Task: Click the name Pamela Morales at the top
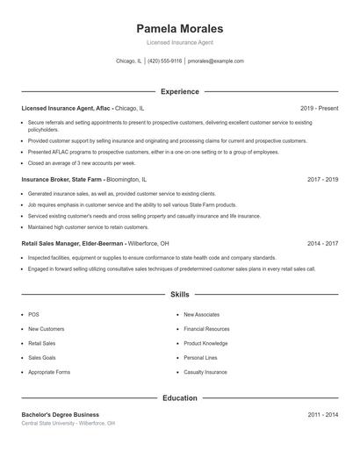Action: (179, 28)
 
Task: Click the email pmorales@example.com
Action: (216, 61)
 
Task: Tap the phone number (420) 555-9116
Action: (165, 61)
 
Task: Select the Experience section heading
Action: (179, 91)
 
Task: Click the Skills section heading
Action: (179, 295)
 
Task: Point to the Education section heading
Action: (179, 397)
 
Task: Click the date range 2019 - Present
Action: (319, 108)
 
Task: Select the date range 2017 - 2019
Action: (322, 179)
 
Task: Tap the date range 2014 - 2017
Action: (322, 243)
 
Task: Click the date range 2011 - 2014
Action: (322, 414)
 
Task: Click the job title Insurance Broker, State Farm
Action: (61, 179)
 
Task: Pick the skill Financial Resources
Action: (206, 329)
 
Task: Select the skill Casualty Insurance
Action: (205, 372)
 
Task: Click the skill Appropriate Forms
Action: (49, 372)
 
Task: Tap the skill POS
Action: (33, 314)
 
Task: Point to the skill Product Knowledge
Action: (205, 343)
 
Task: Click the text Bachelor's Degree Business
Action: (61, 414)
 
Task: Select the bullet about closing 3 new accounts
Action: (82, 162)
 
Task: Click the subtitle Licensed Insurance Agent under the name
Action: (179, 42)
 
